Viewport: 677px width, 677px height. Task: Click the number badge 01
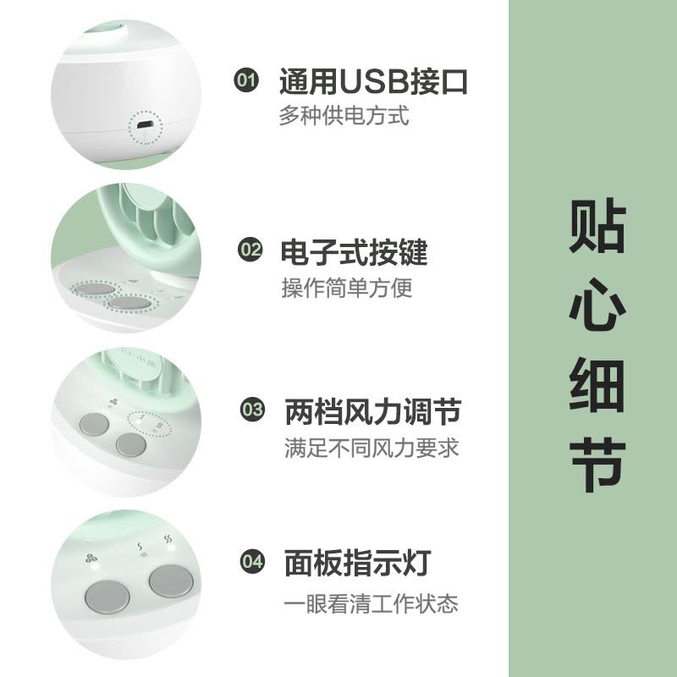point(246,80)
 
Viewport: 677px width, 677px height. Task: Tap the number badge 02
point(250,250)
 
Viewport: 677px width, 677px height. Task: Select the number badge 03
point(252,409)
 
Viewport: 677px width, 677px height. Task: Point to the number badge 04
point(252,561)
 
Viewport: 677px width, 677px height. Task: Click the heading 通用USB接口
point(373,81)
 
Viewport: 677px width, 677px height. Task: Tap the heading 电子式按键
point(354,251)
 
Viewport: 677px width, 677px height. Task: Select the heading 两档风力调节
point(373,411)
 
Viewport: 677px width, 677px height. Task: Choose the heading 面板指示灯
point(358,563)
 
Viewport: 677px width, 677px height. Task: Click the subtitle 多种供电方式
point(344,116)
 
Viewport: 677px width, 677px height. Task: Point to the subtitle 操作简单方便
point(347,288)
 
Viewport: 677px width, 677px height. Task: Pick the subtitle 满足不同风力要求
point(372,448)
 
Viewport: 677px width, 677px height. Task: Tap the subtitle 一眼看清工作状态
point(371,603)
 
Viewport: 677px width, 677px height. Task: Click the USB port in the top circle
point(145,125)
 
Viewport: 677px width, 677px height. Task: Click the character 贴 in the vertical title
point(597,225)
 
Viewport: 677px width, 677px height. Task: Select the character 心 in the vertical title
point(597,305)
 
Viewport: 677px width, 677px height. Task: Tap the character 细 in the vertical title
point(597,385)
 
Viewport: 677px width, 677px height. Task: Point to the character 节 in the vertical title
point(597,465)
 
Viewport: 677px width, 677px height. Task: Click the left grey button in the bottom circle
point(107,597)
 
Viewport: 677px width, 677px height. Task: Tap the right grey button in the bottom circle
point(171,581)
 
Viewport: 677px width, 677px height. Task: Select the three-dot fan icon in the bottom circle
point(91,558)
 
